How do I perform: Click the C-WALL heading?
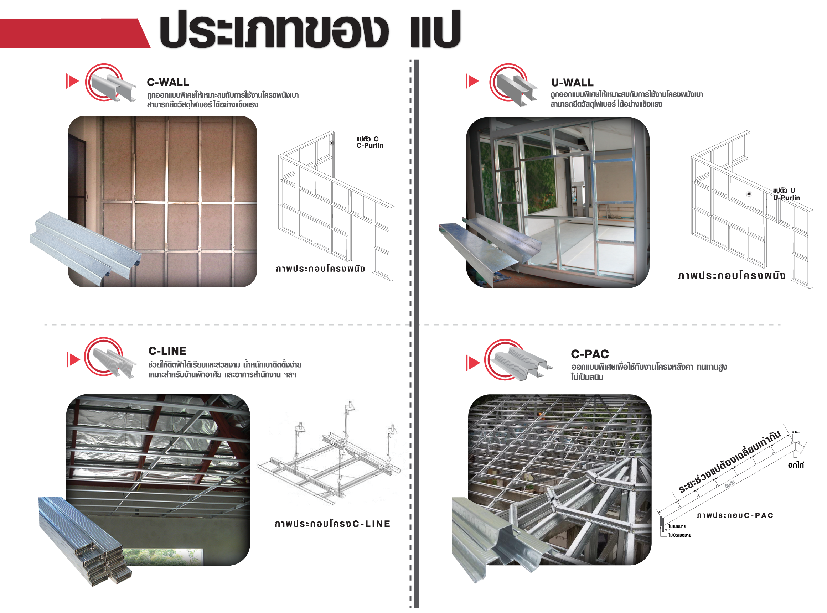tap(168, 82)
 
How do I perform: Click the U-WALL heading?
tap(572, 82)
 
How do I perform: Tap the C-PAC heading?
tap(590, 354)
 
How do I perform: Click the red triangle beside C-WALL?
tap(72, 81)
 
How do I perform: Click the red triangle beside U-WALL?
tap(472, 81)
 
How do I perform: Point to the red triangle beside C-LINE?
tap(73, 359)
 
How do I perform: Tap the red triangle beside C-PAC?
tap(472, 363)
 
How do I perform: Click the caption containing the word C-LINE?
tap(332, 524)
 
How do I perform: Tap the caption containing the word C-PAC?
tap(735, 515)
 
